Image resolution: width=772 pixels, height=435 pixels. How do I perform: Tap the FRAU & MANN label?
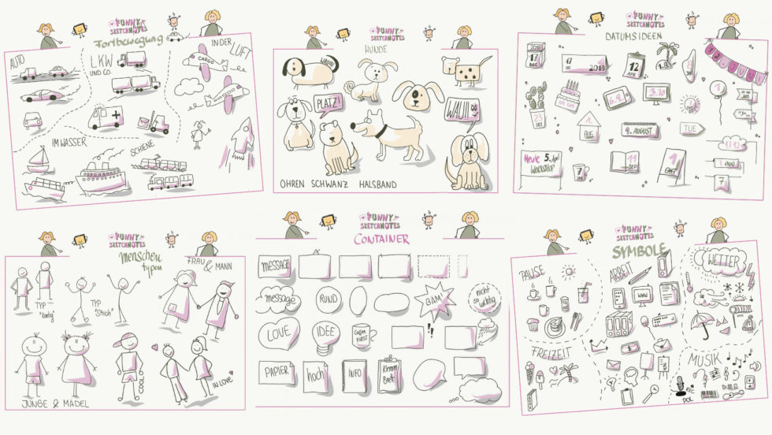pyautogui.click(x=209, y=265)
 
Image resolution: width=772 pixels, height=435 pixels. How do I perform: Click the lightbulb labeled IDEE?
pyautogui.click(x=324, y=333)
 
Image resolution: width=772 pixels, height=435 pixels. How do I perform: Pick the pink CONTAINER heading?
pyautogui.click(x=381, y=239)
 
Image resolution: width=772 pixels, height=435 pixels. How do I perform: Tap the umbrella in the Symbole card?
pyautogui.click(x=701, y=322)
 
